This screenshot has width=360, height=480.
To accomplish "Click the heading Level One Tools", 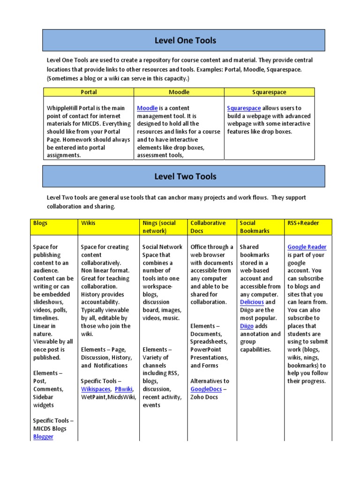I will [185, 40].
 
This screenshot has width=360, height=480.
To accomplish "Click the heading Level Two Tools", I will [185, 176].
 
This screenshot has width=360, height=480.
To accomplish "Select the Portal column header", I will [89, 92].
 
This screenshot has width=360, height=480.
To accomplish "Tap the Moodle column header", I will [179, 92].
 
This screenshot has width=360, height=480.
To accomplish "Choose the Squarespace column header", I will [269, 92].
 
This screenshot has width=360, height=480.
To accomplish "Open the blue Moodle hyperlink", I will [147, 108].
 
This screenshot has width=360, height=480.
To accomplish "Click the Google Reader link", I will [307, 247].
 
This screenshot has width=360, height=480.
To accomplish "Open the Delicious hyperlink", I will [252, 302].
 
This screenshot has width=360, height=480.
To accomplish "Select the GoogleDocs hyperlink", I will [205, 389].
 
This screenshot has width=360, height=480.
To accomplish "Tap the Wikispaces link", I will [96, 389].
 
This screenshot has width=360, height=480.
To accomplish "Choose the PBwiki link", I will [124, 389].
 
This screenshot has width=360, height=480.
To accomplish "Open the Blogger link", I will [43, 437].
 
